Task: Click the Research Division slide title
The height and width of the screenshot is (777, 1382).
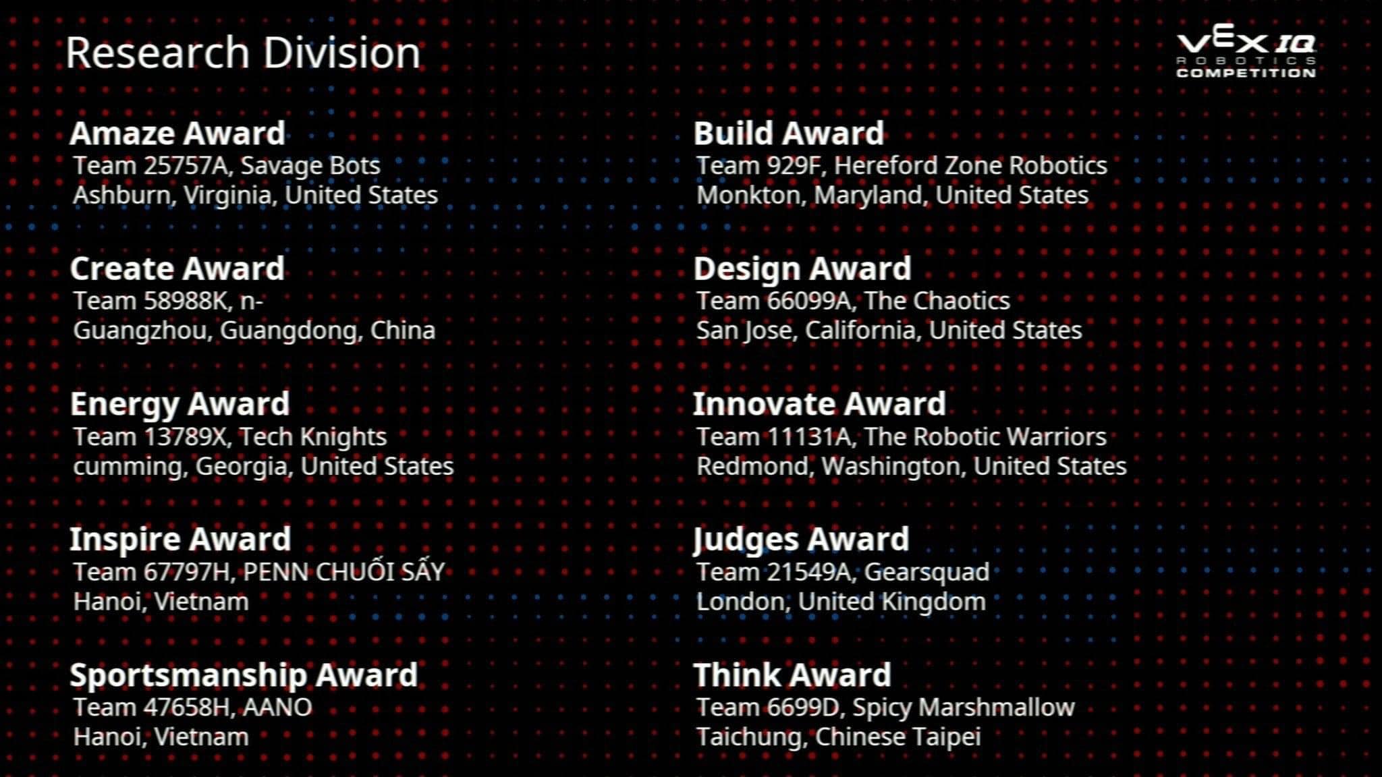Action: coord(243,53)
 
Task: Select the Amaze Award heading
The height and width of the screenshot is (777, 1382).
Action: coord(177,133)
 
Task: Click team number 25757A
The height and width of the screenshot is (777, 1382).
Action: coord(187,166)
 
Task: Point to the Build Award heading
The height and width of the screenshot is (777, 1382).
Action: coord(789,133)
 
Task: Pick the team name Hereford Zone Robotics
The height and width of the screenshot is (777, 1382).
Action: coord(970,166)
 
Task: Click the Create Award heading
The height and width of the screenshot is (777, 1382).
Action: coord(177,268)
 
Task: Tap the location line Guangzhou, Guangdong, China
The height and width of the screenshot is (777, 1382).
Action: coord(254,330)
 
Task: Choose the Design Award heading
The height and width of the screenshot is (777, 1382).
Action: coord(802,268)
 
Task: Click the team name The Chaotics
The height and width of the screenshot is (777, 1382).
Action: coord(937,301)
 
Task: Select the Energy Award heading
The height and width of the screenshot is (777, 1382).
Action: coord(180,405)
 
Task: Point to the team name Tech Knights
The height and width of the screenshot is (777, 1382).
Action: coord(313,437)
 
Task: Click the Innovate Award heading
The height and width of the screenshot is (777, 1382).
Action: coord(820,404)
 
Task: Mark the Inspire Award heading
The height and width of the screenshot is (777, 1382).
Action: coord(181,540)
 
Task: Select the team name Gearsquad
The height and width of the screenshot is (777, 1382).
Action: coord(927,573)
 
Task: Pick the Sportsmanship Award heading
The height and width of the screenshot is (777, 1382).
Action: coord(244,675)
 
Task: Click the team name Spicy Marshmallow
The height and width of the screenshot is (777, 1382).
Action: coord(964,708)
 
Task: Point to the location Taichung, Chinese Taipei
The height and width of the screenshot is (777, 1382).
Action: coord(839,737)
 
